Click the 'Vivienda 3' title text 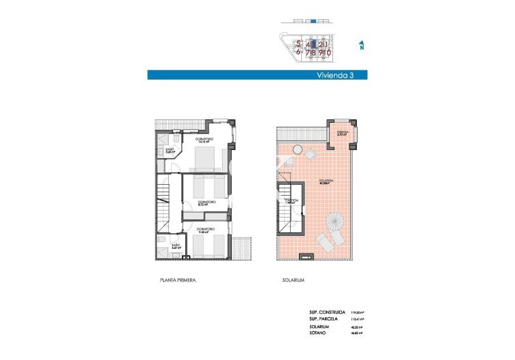coord(336,76)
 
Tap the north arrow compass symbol coord(362,46)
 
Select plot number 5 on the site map coord(298,43)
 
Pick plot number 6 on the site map coord(298,51)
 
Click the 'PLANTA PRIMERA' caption coord(178,280)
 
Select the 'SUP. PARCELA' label coord(324,318)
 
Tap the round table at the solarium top coord(297,149)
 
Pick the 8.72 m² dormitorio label coord(206,203)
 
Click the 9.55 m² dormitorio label coord(206,230)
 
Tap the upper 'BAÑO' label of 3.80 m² coord(170,151)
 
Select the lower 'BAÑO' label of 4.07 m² coord(175,245)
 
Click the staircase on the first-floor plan coord(163,194)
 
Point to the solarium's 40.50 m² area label coord(324,182)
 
